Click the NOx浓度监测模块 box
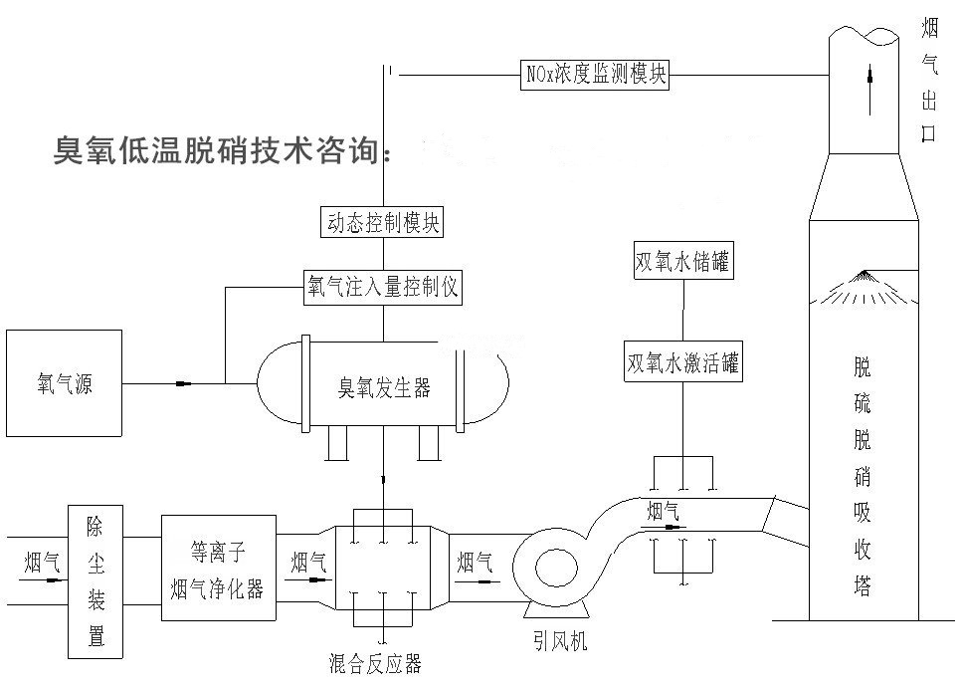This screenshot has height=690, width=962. pos(595,74)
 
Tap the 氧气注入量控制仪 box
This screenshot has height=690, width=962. pos(383,288)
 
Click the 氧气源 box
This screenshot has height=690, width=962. pos(64,383)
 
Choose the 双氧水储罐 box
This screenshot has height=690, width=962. pos(682,263)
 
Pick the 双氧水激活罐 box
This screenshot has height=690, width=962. pos(682,361)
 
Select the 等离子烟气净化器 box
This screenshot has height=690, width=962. pos(218,568)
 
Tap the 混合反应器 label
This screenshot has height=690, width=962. pos(375,661)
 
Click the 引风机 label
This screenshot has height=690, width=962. pos(559,643)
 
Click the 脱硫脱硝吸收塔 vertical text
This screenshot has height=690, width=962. pos(863,478)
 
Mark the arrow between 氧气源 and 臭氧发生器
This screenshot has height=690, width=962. pos(183,383)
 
